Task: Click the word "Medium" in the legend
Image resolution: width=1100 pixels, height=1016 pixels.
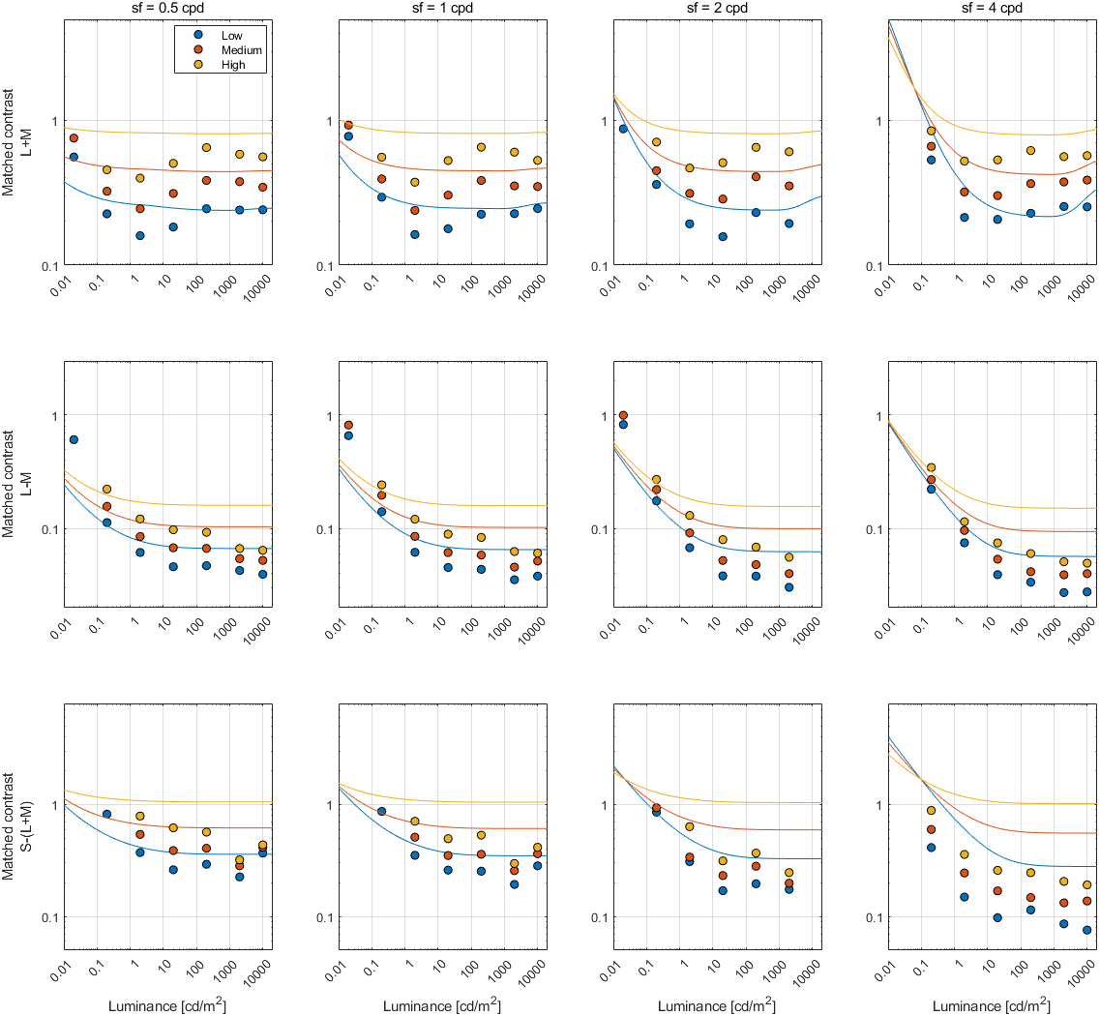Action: point(242,49)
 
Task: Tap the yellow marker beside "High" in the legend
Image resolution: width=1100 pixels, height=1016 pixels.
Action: point(195,65)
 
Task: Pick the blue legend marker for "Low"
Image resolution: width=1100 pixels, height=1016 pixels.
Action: point(195,34)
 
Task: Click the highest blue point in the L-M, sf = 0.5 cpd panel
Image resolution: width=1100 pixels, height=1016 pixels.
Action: point(74,440)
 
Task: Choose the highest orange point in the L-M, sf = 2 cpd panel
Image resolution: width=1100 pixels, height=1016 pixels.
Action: point(623,416)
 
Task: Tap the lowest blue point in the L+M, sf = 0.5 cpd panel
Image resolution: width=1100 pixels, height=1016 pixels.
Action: point(140,235)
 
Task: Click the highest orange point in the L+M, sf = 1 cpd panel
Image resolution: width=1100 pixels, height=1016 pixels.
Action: point(348,126)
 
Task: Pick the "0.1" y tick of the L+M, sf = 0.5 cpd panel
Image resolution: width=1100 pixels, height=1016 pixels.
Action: point(52,266)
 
